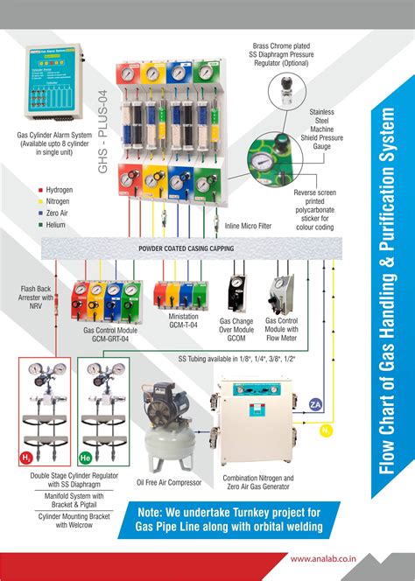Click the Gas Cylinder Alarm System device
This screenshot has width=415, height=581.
pyautogui.click(x=53, y=86)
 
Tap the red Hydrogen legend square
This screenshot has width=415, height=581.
pyautogui.click(x=39, y=188)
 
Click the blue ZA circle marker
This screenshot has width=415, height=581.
pyautogui.click(x=316, y=403)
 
